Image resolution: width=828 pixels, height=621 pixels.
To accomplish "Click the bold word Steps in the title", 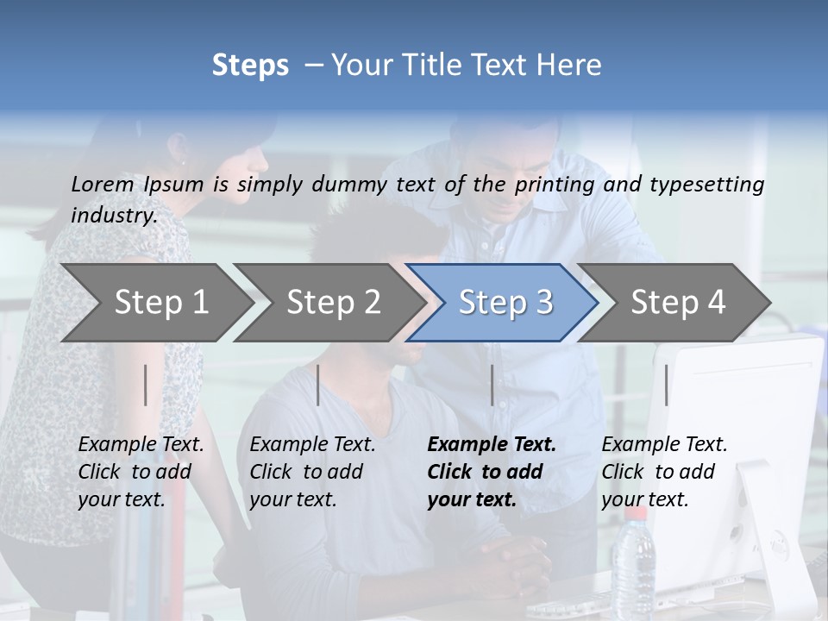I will [250, 65].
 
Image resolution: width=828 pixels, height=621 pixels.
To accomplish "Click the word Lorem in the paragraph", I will [103, 184].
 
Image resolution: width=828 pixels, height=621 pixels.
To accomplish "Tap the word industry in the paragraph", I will [114, 216].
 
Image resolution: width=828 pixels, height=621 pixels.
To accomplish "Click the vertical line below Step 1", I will [146, 385].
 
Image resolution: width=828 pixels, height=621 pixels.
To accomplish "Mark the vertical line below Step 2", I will [318, 385].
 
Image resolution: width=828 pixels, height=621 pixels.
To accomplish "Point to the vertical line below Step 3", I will [492, 385].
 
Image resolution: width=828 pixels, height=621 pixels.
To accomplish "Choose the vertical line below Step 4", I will [667, 385].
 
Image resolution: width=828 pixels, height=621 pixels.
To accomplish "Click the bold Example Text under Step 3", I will [492, 445].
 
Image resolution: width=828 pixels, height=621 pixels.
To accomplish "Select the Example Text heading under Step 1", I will [141, 445].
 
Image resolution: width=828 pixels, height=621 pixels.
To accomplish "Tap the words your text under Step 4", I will [644, 499].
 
